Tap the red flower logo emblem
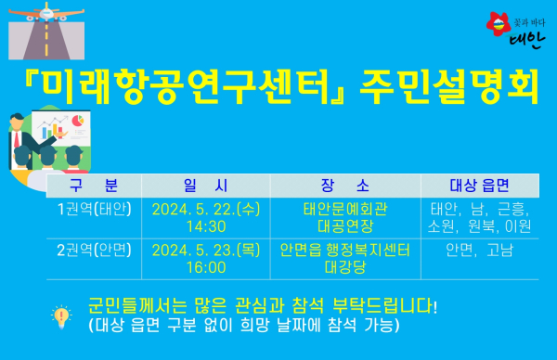(498, 21)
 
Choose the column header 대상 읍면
(481, 184)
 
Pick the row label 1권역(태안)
(94, 208)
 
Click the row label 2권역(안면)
(94, 250)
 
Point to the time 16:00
(206, 267)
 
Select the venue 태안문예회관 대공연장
(343, 216)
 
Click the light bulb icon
(61, 315)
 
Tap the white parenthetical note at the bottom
(245, 325)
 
